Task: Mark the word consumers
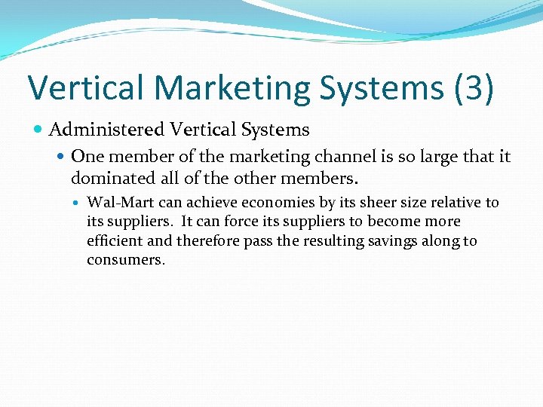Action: click(125, 260)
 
